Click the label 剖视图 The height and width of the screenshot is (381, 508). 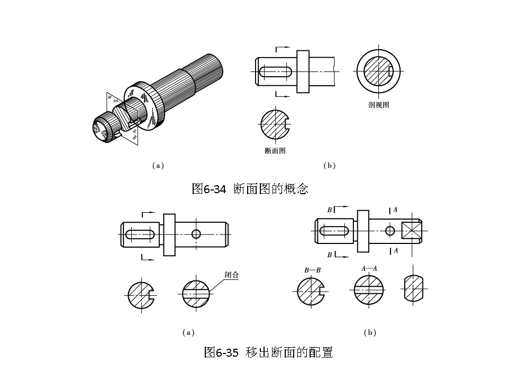click(378, 105)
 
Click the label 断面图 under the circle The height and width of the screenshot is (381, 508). click(275, 151)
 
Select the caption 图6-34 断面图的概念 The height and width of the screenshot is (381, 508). click(250, 188)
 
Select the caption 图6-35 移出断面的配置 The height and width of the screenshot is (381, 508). click(268, 352)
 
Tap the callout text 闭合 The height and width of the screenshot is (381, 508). click(232, 275)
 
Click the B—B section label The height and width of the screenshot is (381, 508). click(312, 270)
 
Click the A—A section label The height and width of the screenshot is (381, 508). click(369, 268)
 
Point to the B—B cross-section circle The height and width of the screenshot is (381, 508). click(311, 292)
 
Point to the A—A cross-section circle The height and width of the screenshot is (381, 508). click(368, 289)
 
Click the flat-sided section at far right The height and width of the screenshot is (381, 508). click(414, 289)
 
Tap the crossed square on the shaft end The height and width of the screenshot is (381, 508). click(411, 231)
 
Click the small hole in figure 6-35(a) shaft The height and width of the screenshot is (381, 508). click(196, 233)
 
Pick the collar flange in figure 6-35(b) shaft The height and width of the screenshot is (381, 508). click(363, 231)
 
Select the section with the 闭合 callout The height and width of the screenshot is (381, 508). click(196, 292)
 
